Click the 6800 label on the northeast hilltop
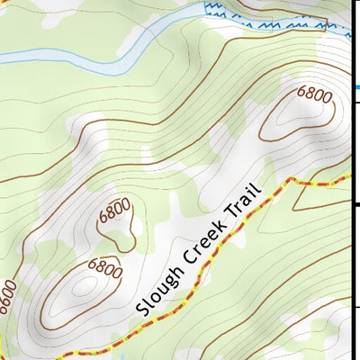[314, 93]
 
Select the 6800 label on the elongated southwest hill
[104, 267]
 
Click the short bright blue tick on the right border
[356, 87]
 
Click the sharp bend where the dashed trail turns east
[290, 181]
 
